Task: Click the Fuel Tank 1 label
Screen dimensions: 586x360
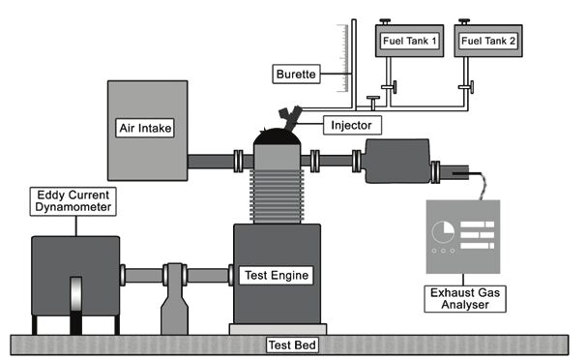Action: [x=409, y=41]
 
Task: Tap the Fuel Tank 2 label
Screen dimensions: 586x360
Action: [x=488, y=41]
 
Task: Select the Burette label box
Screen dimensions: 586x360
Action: [x=296, y=74]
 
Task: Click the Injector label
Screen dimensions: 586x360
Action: [x=352, y=125]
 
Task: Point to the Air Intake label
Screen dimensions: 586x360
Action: [x=145, y=128]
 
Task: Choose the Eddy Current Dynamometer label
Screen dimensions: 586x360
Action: [x=73, y=201]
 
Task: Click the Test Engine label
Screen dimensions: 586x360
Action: [x=277, y=276]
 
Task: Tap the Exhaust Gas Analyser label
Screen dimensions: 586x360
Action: [x=465, y=299]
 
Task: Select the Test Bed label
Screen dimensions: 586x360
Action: [x=292, y=345]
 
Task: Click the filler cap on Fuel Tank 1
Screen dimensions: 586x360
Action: [x=385, y=21]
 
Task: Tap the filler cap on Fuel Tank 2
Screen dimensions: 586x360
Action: [x=464, y=21]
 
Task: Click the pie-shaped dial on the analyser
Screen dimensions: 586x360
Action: [x=443, y=232]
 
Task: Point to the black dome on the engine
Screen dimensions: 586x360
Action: [x=277, y=136]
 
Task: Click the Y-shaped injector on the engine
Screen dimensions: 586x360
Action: [x=290, y=118]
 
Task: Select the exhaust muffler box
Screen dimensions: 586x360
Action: [x=397, y=161]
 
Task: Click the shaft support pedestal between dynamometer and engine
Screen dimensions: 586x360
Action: [x=174, y=299]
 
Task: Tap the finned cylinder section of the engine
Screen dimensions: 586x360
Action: [x=277, y=196]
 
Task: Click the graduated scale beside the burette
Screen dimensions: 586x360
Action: [x=342, y=58]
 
